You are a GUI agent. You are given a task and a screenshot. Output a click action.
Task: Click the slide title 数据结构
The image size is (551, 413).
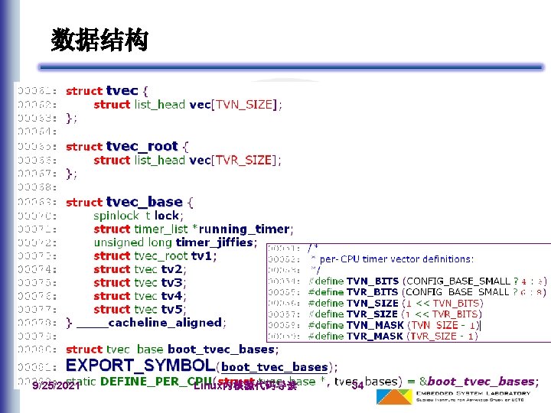[99, 40]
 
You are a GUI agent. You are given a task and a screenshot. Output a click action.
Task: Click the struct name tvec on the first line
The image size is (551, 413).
[122, 91]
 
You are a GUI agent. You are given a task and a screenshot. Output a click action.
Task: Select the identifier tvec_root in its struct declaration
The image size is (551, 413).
[142, 146]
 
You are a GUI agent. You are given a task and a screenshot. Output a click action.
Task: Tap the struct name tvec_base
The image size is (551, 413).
[144, 202]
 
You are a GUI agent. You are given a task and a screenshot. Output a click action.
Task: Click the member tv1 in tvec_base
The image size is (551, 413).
[203, 255]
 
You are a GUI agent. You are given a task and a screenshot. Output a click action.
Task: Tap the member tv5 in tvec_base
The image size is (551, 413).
[173, 309]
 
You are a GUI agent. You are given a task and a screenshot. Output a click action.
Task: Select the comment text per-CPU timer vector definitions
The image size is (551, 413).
[397, 259]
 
